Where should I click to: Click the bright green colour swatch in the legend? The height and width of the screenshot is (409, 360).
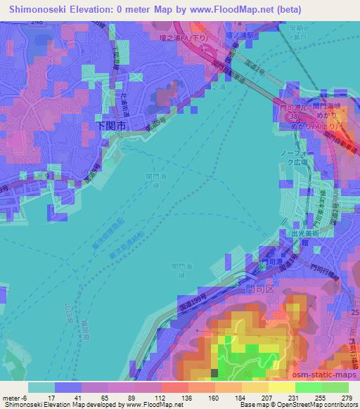click(307, 387)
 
